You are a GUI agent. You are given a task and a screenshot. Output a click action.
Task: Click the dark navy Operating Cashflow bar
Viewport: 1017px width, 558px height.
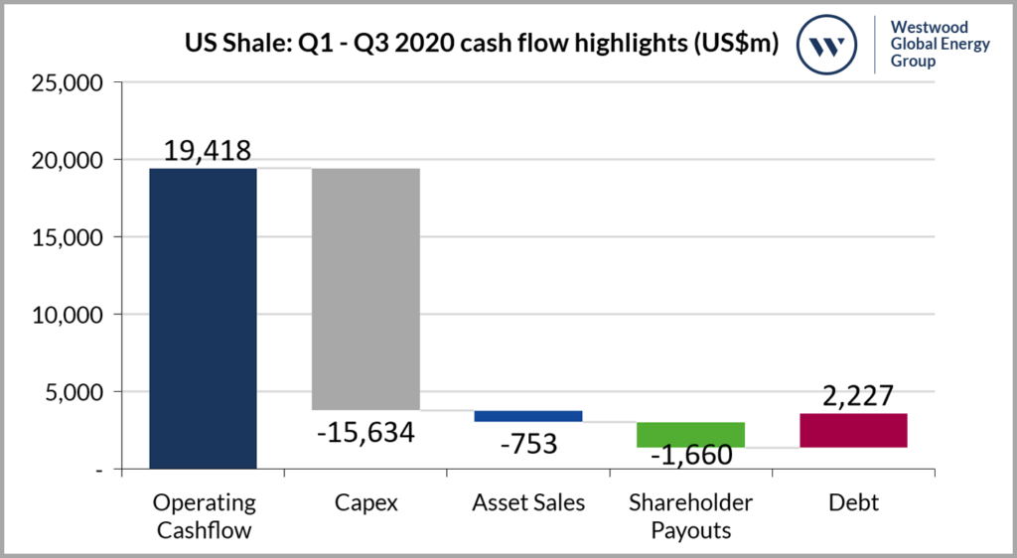203,318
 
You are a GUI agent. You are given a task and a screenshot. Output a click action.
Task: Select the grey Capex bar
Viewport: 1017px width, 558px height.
365,289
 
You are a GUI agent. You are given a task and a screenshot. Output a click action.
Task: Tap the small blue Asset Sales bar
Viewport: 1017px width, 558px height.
528,416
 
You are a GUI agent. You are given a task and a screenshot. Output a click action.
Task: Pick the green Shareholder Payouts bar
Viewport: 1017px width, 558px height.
691,435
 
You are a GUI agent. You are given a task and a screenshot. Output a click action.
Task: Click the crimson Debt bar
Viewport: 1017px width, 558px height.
854,430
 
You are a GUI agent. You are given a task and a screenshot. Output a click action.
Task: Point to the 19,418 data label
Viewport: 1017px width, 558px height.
203,150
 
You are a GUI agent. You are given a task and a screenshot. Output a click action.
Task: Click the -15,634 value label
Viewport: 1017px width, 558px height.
365,433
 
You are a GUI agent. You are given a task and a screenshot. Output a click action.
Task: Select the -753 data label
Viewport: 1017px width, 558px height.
528,443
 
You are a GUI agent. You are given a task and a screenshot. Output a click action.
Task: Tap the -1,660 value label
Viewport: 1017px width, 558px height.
691,457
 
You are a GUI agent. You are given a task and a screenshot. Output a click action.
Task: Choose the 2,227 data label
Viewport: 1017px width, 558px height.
854,396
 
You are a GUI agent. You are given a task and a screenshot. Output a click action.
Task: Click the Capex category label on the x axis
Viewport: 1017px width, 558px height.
365,503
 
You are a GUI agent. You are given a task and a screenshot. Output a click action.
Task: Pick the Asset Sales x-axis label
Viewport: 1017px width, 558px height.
528,503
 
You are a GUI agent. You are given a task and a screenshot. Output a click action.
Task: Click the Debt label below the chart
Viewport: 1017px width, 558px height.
854,503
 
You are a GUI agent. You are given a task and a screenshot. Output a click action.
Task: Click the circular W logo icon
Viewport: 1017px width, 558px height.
828,44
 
